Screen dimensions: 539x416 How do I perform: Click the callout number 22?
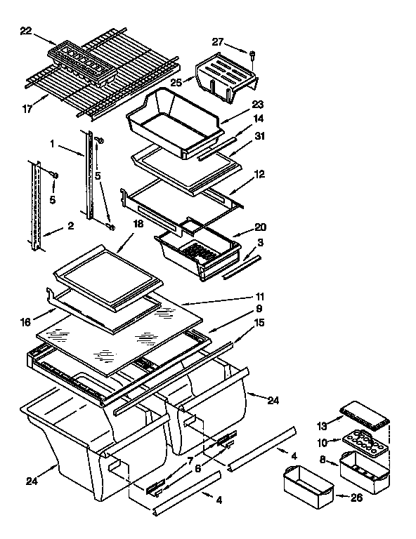25,30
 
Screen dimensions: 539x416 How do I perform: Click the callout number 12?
259,173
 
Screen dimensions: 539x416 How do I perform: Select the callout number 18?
138,224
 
